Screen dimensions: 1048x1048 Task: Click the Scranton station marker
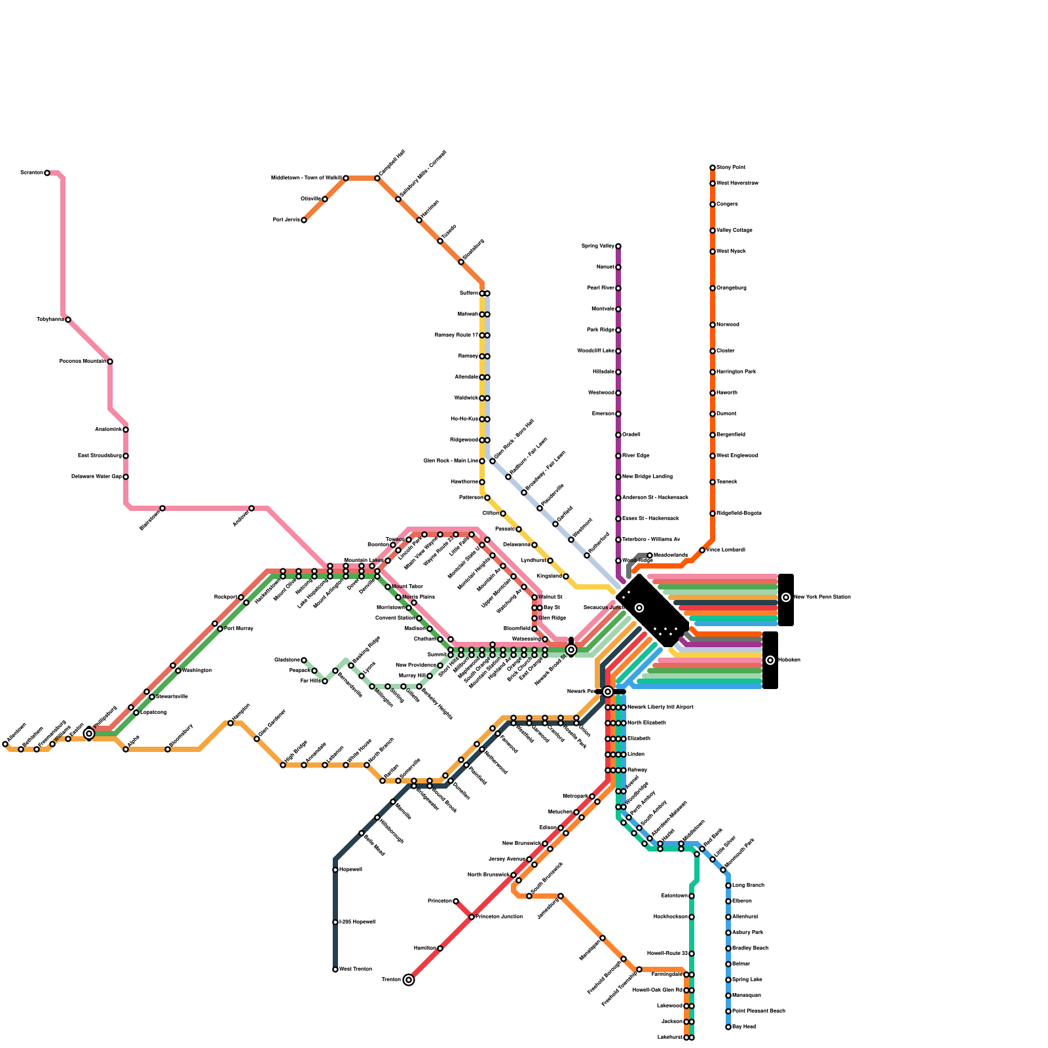(47, 173)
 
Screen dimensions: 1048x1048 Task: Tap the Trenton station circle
(409, 980)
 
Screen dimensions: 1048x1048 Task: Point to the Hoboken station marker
(770, 660)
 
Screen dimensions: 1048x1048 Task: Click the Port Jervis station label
(286, 220)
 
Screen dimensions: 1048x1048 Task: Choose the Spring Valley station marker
(618, 246)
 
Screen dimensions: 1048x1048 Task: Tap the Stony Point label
(731, 168)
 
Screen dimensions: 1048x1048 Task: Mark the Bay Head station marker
(728, 1027)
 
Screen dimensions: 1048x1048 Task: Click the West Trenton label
(356, 969)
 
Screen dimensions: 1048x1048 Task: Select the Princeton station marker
(456, 901)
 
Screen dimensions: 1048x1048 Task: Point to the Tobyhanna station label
(50, 320)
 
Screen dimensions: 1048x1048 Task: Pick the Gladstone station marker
(304, 660)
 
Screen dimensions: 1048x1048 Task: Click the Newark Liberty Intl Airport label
(660, 707)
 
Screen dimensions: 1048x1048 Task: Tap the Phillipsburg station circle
(89, 734)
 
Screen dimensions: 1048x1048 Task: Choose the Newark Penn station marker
(608, 692)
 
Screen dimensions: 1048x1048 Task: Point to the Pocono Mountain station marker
(110, 362)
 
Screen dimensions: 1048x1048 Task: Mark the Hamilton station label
(425, 948)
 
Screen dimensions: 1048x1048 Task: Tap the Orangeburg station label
(732, 288)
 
